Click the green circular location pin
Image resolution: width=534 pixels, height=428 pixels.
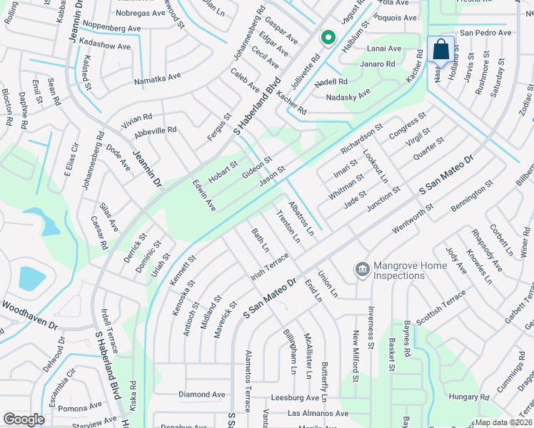328,37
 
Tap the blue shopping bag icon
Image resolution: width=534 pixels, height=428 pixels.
441,50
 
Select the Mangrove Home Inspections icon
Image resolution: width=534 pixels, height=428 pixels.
363,270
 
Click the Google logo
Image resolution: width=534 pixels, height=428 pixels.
24,419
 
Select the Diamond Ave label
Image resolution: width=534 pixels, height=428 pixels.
202,394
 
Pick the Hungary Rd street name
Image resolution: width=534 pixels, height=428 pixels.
468,396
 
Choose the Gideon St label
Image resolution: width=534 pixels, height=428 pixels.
257,169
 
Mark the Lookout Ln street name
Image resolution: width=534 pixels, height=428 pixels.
375,166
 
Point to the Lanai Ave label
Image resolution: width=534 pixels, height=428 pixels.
385,49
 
